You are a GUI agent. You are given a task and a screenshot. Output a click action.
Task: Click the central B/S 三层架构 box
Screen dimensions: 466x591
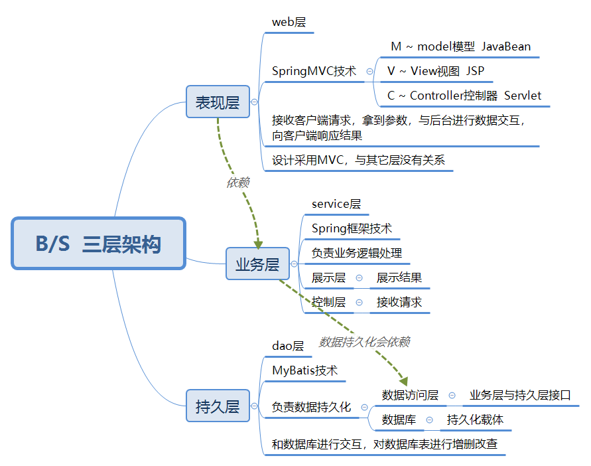(98, 244)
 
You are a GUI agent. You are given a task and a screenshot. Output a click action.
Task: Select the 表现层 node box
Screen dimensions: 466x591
(218, 102)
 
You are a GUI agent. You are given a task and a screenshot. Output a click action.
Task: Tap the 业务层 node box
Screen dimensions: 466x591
(257, 265)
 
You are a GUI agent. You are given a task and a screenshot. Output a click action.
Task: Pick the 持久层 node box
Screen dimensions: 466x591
(218, 406)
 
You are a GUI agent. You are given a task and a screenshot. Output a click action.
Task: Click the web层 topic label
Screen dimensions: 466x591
(289, 22)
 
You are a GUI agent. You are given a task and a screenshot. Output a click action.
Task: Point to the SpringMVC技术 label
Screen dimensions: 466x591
(314, 71)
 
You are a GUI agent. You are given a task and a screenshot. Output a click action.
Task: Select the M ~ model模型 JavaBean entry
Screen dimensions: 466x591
(460, 46)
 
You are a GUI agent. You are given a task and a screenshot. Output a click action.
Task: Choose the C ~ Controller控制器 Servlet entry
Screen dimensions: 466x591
(464, 96)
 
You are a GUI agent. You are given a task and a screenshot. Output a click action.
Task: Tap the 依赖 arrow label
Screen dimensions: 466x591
(237, 183)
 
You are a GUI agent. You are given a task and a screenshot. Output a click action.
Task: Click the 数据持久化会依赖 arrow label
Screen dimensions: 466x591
(364, 342)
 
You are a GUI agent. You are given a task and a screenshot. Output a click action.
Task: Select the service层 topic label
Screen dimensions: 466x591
(336, 204)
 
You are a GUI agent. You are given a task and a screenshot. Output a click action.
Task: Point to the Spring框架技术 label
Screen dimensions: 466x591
(352, 228)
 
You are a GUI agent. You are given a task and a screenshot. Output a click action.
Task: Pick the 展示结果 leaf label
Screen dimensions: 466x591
(399, 277)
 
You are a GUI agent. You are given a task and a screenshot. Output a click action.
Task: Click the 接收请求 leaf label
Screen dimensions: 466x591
(399, 302)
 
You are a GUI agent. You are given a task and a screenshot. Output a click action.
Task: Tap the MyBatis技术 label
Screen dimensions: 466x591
(305, 370)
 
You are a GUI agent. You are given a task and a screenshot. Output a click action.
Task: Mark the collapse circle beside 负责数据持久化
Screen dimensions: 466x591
(364, 407)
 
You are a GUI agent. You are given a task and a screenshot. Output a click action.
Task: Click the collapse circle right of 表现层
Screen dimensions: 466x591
(254, 102)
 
